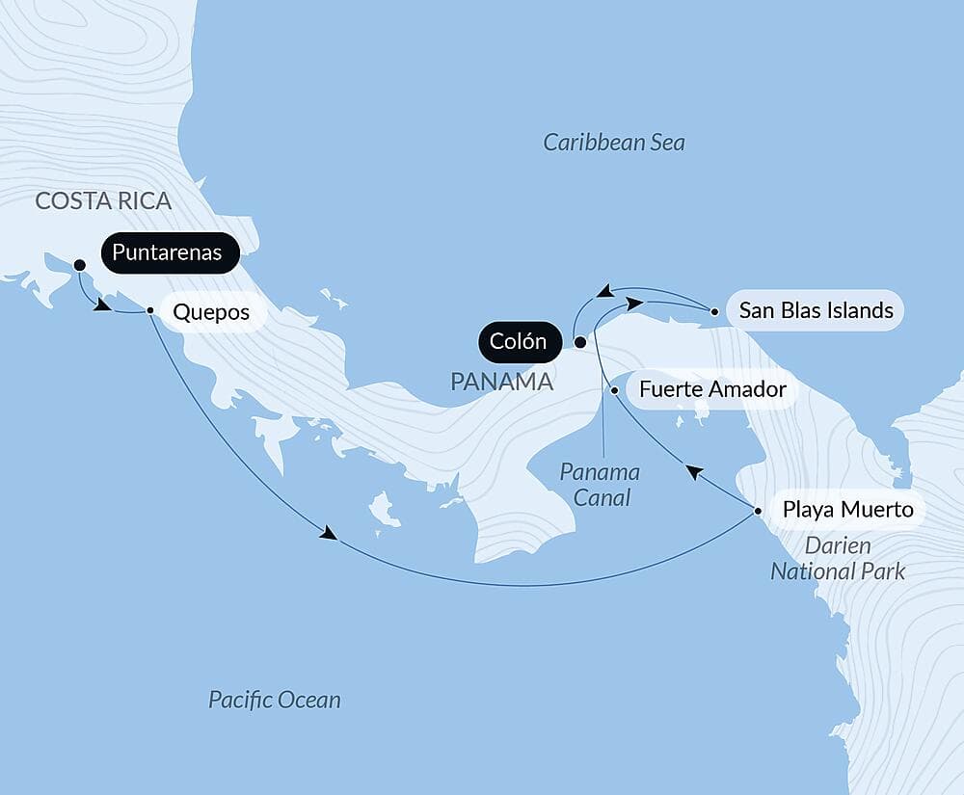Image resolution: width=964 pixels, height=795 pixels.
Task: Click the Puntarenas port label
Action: [x=167, y=253]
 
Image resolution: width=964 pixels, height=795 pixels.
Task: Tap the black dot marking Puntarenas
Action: [x=79, y=264]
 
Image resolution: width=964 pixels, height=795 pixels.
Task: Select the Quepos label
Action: [x=210, y=312]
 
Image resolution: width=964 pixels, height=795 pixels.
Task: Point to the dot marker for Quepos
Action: [x=150, y=310]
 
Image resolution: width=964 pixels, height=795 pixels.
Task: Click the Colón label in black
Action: [x=518, y=341]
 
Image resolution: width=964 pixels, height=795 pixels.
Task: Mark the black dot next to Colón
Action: [x=579, y=342]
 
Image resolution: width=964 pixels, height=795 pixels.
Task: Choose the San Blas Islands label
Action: [x=816, y=310]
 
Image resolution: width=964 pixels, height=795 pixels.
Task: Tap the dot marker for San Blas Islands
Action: [x=713, y=311]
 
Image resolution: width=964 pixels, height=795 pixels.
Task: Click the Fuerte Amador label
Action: [x=712, y=390]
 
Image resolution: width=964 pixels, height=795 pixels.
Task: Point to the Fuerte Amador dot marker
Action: [x=615, y=390]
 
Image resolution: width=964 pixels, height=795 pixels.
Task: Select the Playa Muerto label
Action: [x=847, y=509]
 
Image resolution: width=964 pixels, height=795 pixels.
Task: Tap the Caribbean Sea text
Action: [x=614, y=143]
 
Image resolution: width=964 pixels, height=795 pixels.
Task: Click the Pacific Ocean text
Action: [x=275, y=700]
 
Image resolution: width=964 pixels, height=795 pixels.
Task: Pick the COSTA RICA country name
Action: [x=103, y=200]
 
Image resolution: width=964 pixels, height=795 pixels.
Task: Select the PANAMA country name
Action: [x=501, y=382]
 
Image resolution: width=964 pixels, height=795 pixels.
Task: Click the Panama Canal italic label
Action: [x=601, y=485]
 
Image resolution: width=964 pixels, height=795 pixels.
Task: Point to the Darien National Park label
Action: [x=837, y=559]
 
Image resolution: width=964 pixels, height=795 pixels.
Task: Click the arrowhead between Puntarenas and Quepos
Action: [x=100, y=305]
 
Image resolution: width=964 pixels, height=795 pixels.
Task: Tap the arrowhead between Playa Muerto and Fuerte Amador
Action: [x=694, y=471]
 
